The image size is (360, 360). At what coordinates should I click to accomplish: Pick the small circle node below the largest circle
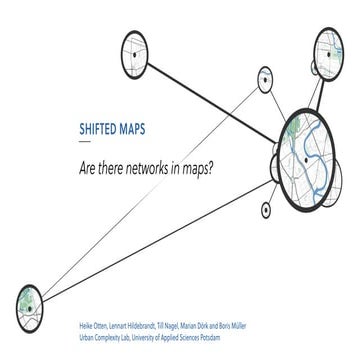[266, 210]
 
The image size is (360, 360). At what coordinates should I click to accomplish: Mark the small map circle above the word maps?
[265, 77]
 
